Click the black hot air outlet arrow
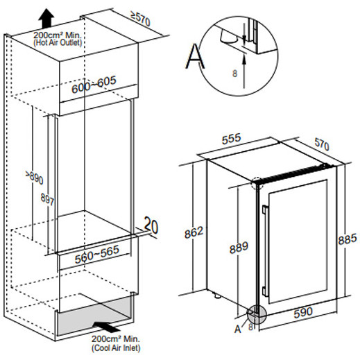pyautogui.click(x=46, y=18)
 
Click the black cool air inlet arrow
pyautogui.click(x=106, y=326)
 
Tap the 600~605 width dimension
pyautogui.click(x=94, y=85)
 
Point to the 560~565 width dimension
pyautogui.click(x=97, y=254)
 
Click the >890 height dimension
pyautogui.click(x=35, y=178)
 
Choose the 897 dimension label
pyautogui.click(x=47, y=199)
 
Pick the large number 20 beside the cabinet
pyautogui.click(x=151, y=225)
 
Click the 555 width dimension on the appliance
pyautogui.click(x=231, y=139)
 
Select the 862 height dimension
pyautogui.click(x=194, y=232)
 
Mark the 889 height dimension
pyautogui.click(x=239, y=248)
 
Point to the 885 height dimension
pyautogui.click(x=348, y=239)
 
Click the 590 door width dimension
pyautogui.click(x=303, y=312)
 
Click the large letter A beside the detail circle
pyautogui.click(x=195, y=56)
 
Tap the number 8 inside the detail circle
pyautogui.click(x=234, y=74)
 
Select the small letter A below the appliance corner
pyautogui.click(x=238, y=329)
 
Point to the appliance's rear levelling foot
pyautogui.click(x=216, y=295)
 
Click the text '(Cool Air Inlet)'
pyautogui.click(x=116, y=348)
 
